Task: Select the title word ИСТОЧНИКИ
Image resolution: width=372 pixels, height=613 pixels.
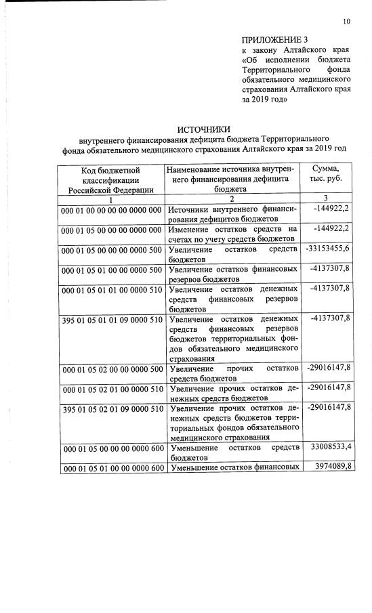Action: (204, 129)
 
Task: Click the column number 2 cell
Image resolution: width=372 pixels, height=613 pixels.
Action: (231, 199)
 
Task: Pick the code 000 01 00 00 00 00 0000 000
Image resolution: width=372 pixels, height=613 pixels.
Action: (111, 210)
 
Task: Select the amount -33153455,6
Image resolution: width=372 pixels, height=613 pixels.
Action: (328, 249)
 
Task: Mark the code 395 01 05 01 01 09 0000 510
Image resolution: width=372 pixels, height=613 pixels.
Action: (111, 319)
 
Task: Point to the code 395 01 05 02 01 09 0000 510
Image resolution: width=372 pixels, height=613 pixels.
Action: (111, 409)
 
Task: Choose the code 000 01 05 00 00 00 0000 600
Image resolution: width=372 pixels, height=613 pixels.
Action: (111, 448)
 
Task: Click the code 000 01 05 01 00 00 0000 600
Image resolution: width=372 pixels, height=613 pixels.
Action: (111, 469)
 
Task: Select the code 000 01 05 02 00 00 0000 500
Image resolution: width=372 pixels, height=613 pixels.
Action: (111, 369)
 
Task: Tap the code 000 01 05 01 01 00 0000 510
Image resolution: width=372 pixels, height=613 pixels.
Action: (111, 289)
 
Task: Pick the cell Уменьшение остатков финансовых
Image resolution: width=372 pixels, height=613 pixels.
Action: (233, 468)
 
